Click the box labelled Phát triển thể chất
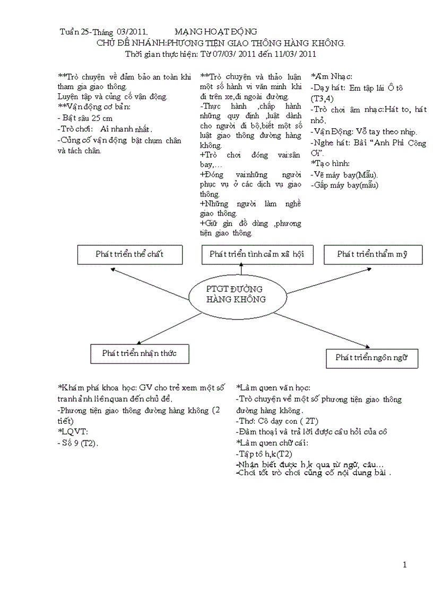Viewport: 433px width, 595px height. click(130, 254)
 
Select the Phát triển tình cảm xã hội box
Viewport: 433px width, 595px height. click(256, 255)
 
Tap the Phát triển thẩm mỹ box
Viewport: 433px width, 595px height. click(373, 255)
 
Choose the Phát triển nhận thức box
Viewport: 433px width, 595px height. click(140, 353)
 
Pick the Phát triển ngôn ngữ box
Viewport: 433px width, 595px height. click(371, 358)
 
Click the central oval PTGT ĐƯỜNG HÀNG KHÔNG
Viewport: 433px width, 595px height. click(235, 295)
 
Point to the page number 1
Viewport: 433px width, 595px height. click(404, 565)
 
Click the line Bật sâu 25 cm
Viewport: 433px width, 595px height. click(84, 118)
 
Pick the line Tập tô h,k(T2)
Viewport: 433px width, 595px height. click(264, 454)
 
